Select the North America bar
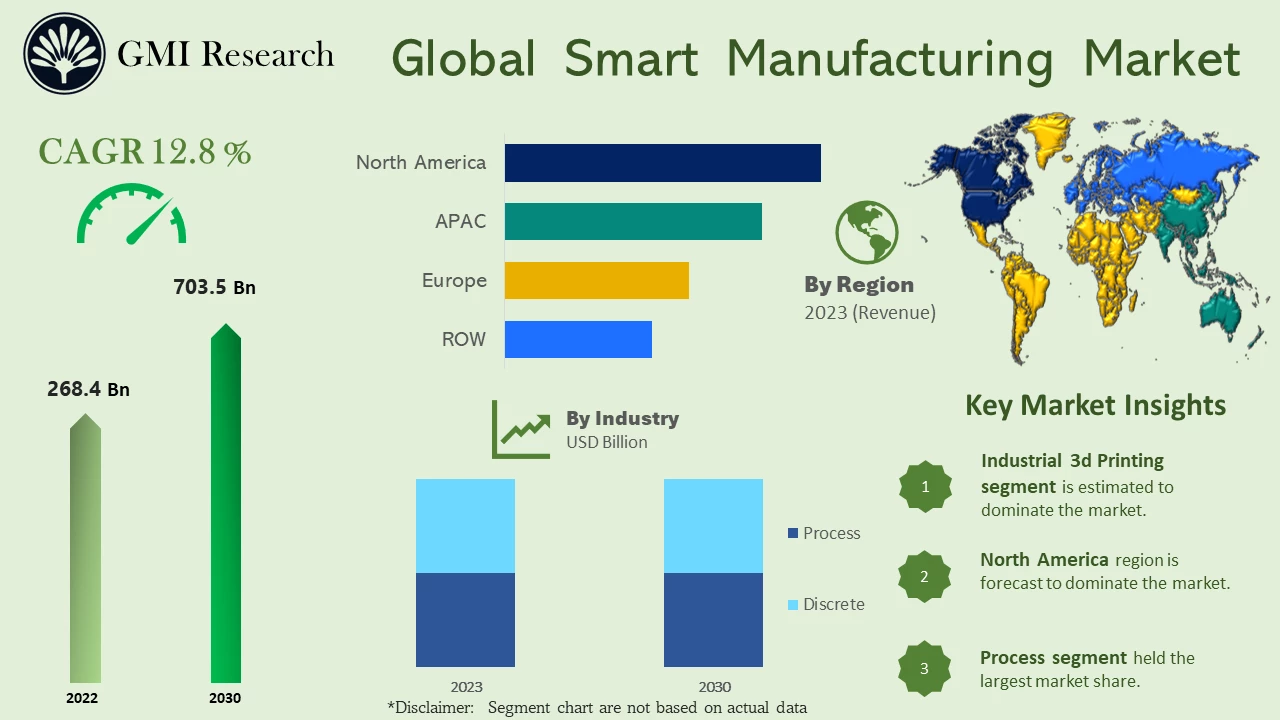662,163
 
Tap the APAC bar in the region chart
633,221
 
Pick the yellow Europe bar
596,280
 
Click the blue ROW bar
578,339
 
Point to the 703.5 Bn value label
214,288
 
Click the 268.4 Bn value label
88,389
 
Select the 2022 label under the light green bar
82,698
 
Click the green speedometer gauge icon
131,214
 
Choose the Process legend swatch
793,533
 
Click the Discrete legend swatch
793,605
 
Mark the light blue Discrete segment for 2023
465,525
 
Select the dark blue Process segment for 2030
713,619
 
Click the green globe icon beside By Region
866,232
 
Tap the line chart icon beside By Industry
521,430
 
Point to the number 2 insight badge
924,576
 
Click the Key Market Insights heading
1095,405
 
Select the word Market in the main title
1161,58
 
